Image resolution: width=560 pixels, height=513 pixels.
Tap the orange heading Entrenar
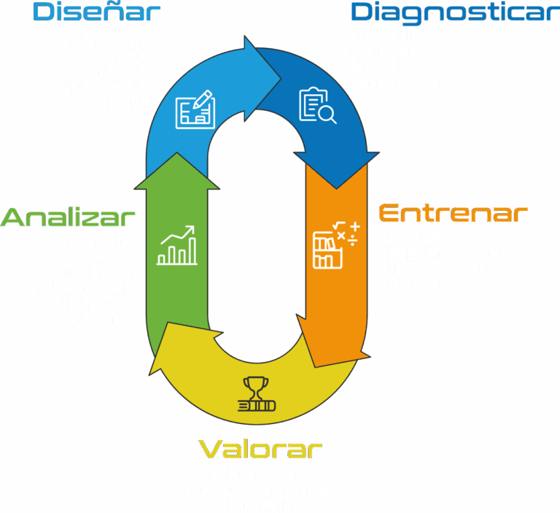(x=453, y=214)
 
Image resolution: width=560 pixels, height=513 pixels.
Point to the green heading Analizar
(x=69, y=217)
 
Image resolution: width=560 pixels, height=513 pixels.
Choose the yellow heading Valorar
(x=260, y=448)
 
